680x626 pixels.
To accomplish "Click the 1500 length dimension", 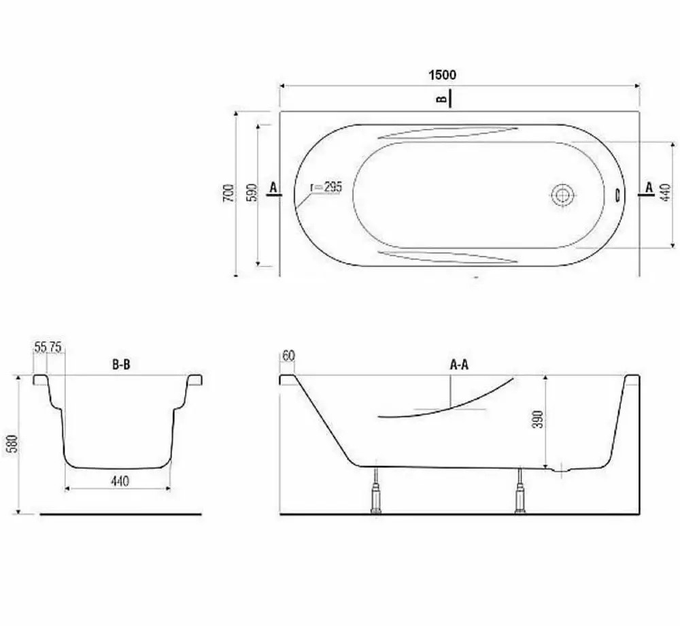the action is (x=443, y=75).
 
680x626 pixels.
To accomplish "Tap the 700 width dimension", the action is (x=228, y=193).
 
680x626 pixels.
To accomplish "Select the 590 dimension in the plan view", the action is (x=252, y=193).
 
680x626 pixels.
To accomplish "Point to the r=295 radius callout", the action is (x=326, y=187).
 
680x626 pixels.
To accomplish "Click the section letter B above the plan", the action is (x=441, y=99).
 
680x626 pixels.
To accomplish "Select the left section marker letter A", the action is (x=273, y=187).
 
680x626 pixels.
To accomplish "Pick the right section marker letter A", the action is (x=649, y=187).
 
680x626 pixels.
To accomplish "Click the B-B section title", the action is (x=121, y=365).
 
